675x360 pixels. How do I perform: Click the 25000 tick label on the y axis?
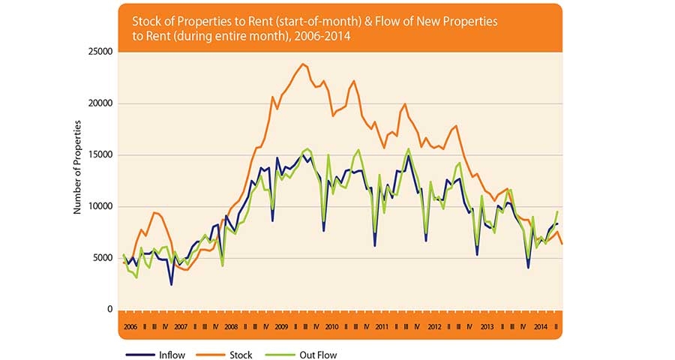(x=99, y=52)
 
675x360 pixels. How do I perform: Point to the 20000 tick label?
(x=99, y=103)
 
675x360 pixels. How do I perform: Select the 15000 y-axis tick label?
(x=99, y=155)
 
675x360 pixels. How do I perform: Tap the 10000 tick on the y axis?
(x=99, y=206)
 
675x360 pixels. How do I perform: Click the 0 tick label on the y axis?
(x=109, y=309)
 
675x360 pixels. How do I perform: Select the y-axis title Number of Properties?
(x=76, y=180)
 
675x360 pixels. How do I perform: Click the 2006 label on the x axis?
(x=129, y=328)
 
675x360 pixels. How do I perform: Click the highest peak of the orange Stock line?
(x=302, y=64)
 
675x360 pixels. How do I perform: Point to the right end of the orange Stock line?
(x=562, y=243)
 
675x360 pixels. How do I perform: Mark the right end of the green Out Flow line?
(x=557, y=212)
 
